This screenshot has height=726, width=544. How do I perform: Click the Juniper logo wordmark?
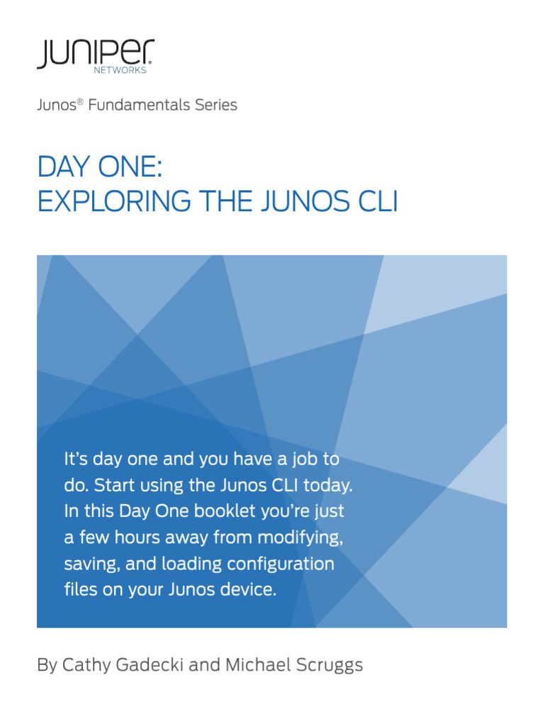[x=95, y=52]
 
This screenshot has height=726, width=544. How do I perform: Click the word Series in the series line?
[x=215, y=106]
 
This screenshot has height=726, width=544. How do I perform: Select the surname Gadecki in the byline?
[x=142, y=666]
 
